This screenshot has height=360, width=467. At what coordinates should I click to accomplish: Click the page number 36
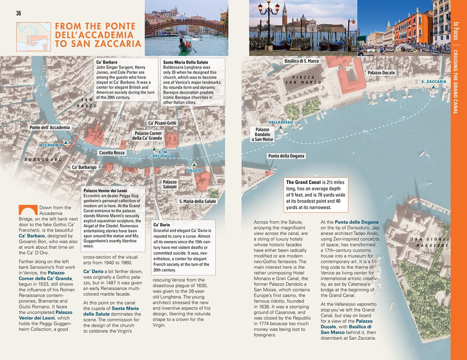[x=19, y=13]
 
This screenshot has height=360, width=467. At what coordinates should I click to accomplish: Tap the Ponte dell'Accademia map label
[x=50, y=127]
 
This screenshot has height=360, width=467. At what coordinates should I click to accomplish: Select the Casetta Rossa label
[x=112, y=153]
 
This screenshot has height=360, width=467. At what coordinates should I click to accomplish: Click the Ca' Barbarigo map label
[x=84, y=167]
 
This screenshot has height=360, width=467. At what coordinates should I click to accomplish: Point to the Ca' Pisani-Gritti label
[x=162, y=123]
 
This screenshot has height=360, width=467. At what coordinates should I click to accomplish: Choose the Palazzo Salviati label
[x=170, y=184]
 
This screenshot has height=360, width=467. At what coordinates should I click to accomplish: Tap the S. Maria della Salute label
[x=198, y=201]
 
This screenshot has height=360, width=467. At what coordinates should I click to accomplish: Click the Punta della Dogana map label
[x=286, y=156]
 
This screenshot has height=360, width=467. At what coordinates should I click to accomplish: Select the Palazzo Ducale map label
[x=381, y=73]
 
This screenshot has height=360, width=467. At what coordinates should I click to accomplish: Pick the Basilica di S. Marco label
[x=301, y=61]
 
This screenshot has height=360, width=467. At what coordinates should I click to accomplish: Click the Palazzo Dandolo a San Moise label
[x=262, y=134]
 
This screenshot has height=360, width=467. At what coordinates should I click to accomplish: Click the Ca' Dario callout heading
[x=162, y=225]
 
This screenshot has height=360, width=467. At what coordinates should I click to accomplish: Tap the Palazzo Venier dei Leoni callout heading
[x=105, y=191]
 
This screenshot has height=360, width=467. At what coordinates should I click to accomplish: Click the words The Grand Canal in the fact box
[x=303, y=182]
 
